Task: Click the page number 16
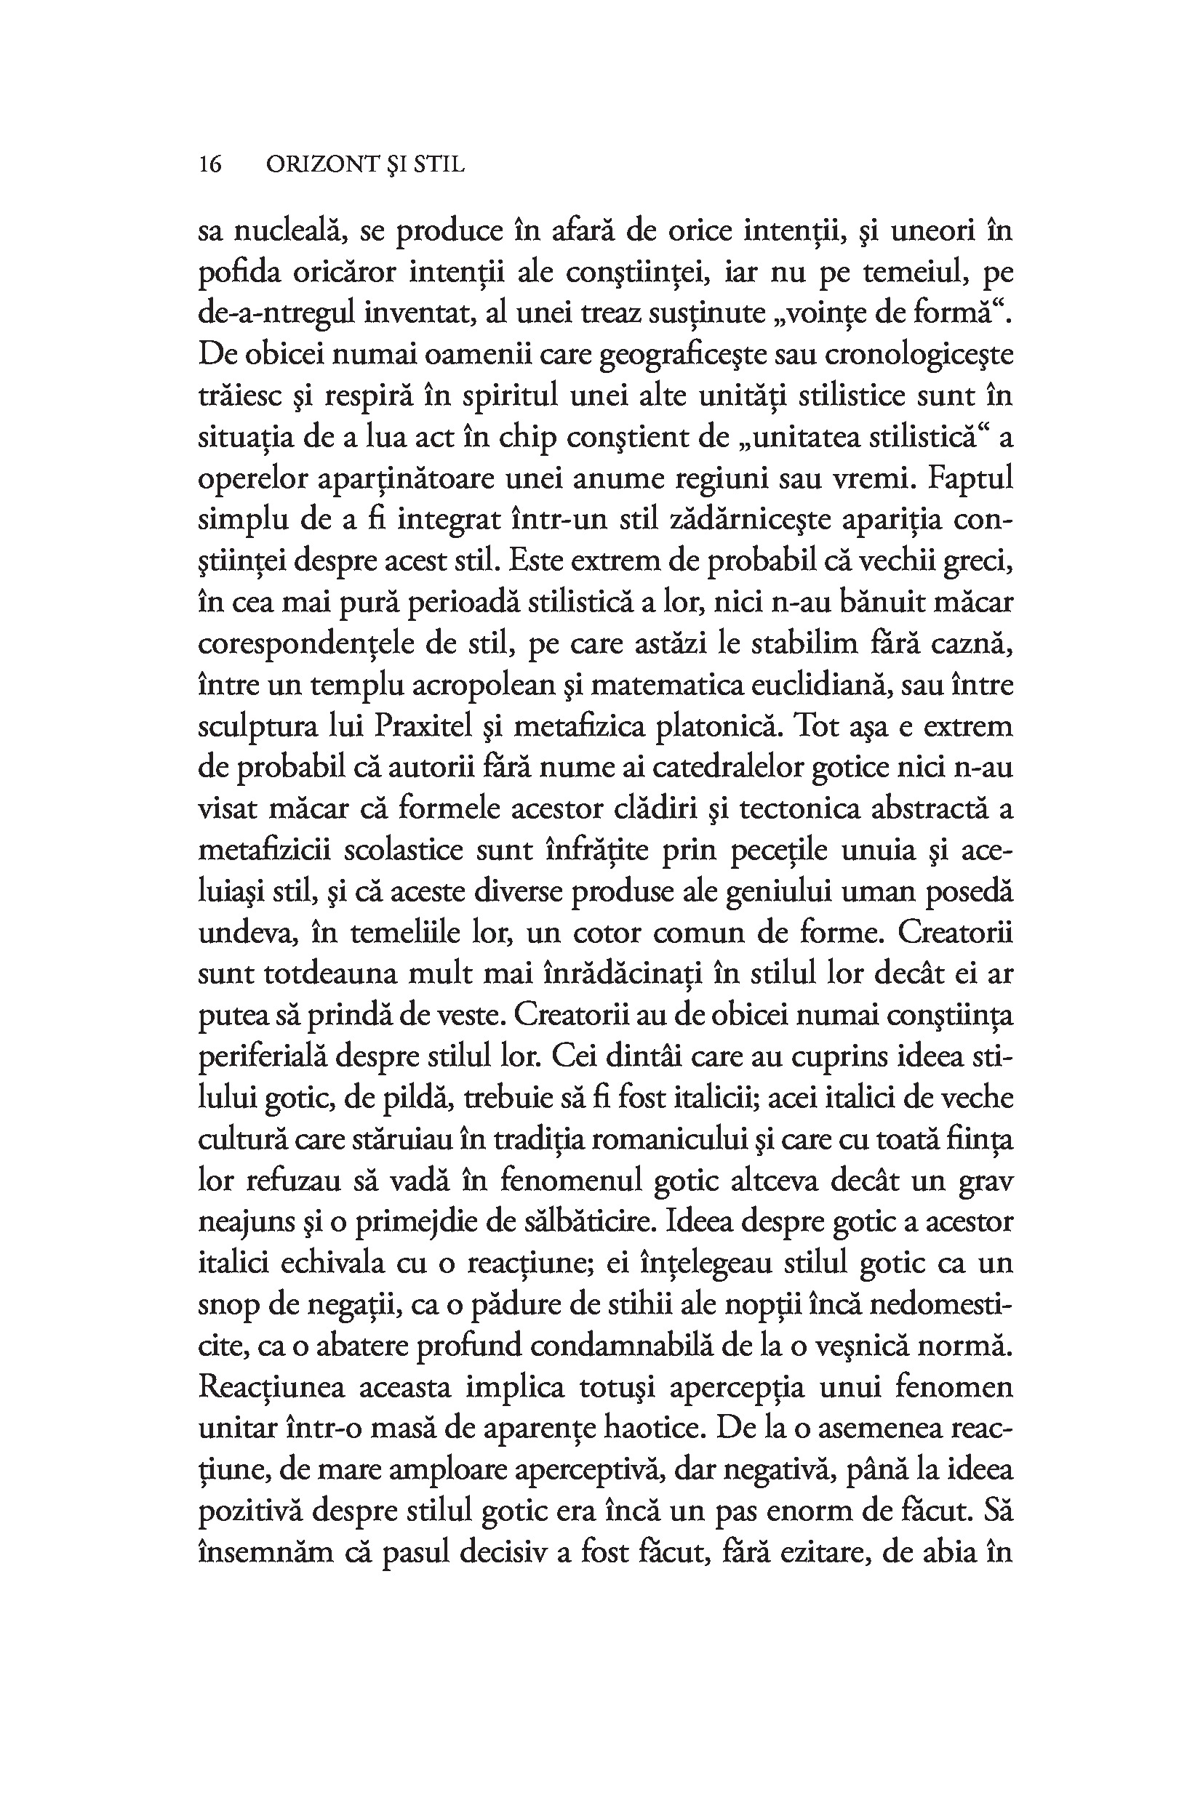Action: (x=210, y=164)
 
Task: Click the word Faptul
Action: (x=970, y=478)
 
